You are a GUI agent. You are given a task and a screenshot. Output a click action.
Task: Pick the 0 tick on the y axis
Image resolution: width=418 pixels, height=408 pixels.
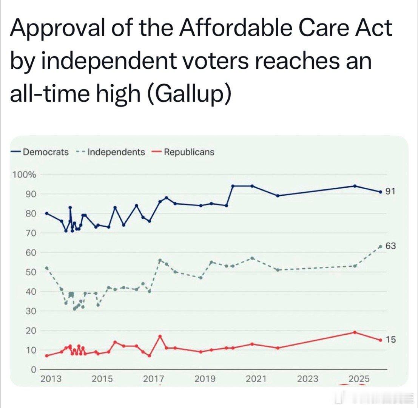[x=33, y=369]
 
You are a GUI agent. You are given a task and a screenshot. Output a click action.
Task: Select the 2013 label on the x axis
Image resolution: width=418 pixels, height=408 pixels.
[x=51, y=379]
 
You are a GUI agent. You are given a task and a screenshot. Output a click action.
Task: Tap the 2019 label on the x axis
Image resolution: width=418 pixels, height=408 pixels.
[x=205, y=379]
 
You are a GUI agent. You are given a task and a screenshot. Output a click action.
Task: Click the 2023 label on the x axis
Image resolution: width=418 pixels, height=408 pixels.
[x=307, y=379]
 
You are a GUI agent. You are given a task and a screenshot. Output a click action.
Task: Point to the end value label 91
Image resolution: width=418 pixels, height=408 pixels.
[x=390, y=192]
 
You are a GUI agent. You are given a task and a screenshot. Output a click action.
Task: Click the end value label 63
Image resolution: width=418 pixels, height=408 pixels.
[x=391, y=246]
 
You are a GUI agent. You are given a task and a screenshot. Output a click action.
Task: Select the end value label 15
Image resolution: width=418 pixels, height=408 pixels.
[x=391, y=340]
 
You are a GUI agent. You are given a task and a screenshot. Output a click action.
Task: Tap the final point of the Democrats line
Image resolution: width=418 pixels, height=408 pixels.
[x=380, y=192]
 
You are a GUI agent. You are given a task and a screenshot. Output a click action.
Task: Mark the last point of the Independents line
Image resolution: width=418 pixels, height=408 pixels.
[x=380, y=246]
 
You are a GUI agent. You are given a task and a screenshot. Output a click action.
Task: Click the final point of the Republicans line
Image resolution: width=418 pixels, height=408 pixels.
[x=380, y=340]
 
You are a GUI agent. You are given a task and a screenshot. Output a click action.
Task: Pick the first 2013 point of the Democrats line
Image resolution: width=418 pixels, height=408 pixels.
[x=46, y=213]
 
